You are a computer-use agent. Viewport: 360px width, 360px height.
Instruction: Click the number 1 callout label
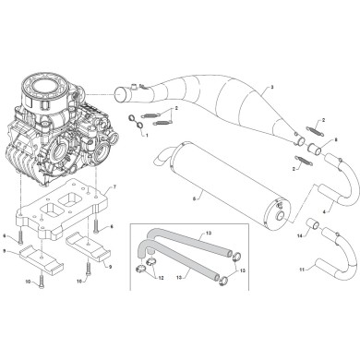147,134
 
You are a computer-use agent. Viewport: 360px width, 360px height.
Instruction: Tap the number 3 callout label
271,87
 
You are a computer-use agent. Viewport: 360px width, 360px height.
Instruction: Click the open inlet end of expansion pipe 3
119,93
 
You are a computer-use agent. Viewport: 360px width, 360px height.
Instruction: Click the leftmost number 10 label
28,280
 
